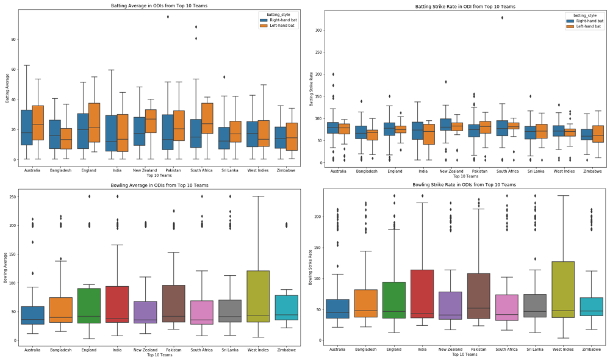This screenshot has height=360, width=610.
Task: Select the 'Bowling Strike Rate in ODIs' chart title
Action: pyautogui.click(x=464, y=184)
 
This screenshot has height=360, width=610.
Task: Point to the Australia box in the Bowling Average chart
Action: pyautogui.click(x=32, y=315)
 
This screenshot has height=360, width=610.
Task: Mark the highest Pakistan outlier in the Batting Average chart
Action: pyautogui.click(x=168, y=16)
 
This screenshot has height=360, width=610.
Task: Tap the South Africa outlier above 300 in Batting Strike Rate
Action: pyautogui.click(x=501, y=17)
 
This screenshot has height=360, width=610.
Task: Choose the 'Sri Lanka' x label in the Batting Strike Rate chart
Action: pyautogui.click(x=536, y=171)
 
